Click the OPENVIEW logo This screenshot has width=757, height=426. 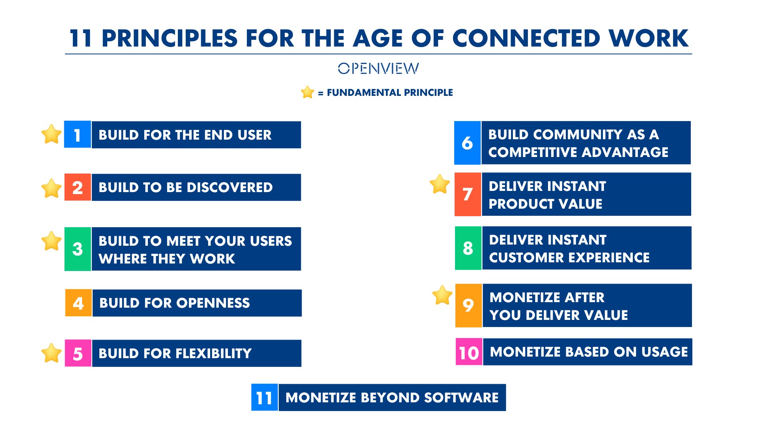coord(378,68)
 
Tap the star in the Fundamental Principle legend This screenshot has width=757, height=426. coord(307,92)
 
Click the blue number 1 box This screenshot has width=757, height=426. coord(78,135)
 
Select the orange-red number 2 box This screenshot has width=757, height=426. coord(78,187)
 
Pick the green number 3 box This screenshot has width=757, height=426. coord(78,249)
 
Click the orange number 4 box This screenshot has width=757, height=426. coord(78,303)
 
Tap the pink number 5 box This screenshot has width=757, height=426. coord(78,353)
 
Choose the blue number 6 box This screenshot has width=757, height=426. coord(468,143)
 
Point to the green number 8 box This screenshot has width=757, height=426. coord(468,248)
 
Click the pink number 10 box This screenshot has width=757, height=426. coord(469,352)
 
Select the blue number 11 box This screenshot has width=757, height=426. coord(265,398)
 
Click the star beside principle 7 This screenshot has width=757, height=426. coord(440,184)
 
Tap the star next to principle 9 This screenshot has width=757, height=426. coord(442,295)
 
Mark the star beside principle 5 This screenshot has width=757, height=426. coord(52,353)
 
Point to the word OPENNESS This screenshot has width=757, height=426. coord(213,303)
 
